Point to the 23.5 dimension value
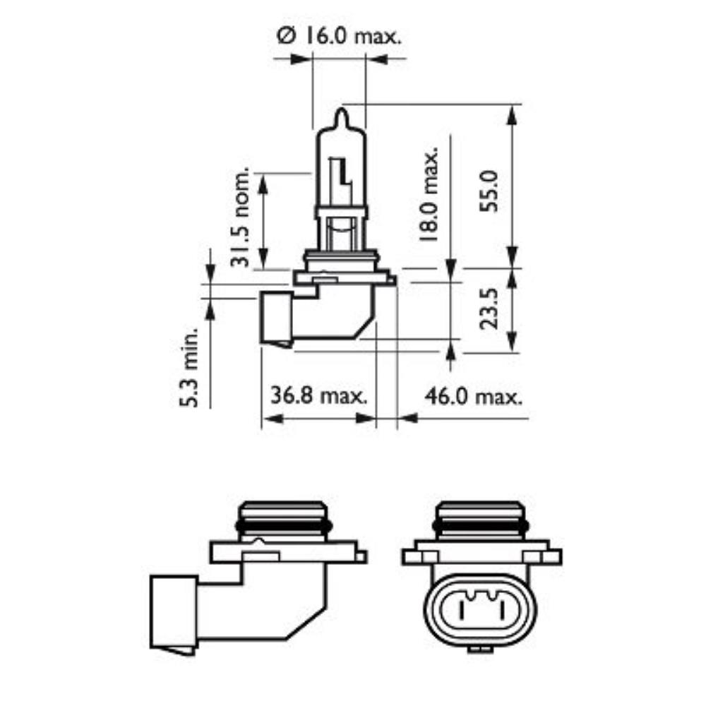point(489,308)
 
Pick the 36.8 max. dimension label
point(320,395)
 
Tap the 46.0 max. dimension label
point(473,395)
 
